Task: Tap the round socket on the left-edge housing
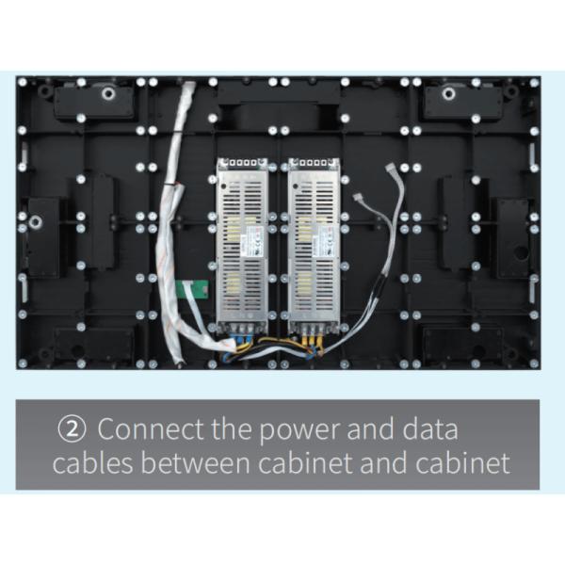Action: coord(36,223)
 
